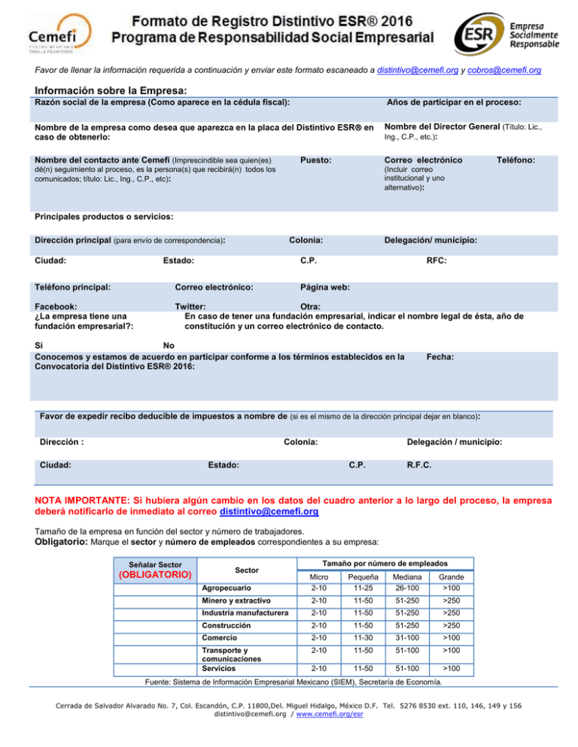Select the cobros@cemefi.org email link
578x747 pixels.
tap(503, 69)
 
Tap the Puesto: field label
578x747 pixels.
tap(316, 160)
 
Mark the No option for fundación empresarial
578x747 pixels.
tap(148, 346)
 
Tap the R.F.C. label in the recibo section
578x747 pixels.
tap(419, 465)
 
